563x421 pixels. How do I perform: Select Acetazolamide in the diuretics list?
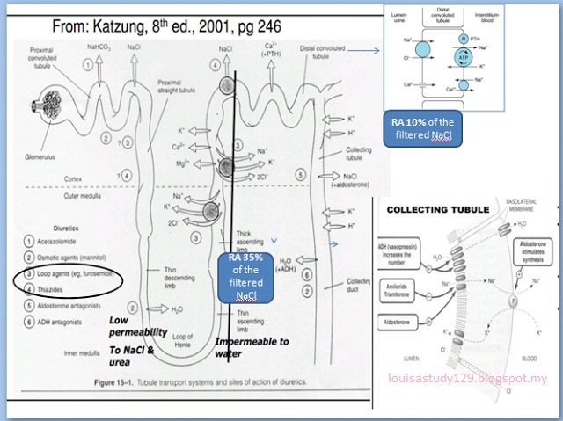point(62,240)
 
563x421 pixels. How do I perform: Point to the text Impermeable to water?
point(255,346)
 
